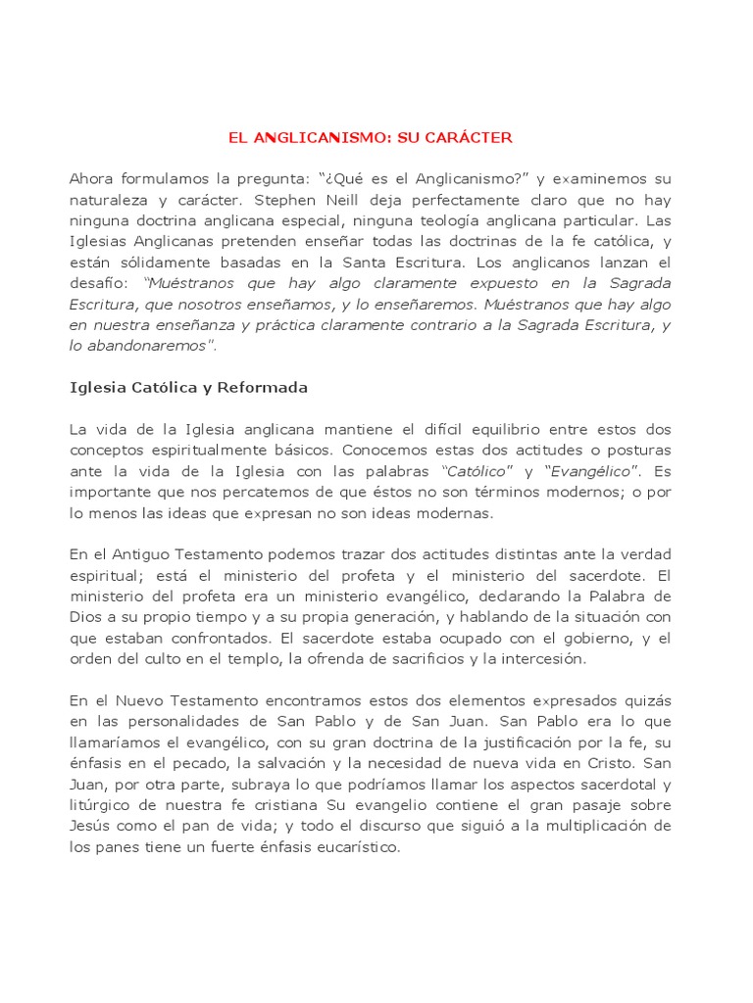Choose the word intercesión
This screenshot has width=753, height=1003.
pos(537,659)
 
